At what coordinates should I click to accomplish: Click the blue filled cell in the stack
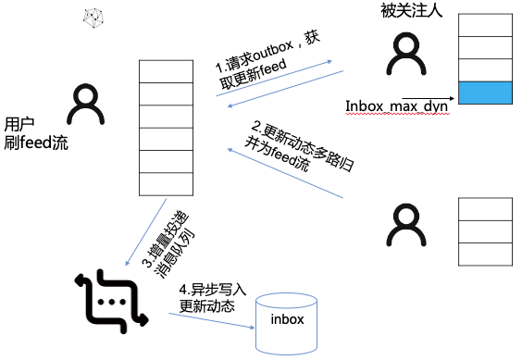click(485, 93)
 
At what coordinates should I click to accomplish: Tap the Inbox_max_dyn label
click(396, 106)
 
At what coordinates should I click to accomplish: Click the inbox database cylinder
click(286, 324)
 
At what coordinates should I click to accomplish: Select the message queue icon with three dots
click(112, 302)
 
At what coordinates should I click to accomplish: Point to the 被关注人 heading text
click(412, 10)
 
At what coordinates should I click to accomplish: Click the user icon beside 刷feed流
click(86, 105)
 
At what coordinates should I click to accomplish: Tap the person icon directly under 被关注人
click(406, 54)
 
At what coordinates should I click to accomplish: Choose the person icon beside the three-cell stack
click(406, 225)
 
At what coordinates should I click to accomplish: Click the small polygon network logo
click(93, 19)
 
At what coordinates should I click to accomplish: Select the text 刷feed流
click(36, 143)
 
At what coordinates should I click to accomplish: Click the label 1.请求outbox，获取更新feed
click(267, 62)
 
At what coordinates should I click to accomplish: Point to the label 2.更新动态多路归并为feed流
click(299, 147)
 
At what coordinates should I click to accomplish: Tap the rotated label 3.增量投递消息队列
click(168, 244)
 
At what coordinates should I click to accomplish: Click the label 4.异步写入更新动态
click(212, 298)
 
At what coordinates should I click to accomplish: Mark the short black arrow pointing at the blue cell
click(429, 99)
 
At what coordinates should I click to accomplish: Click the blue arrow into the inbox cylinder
click(212, 321)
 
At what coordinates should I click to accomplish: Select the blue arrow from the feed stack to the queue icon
click(146, 232)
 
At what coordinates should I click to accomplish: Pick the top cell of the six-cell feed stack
click(166, 71)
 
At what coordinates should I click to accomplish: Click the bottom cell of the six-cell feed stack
click(166, 184)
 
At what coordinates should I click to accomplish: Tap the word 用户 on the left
click(19, 125)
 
